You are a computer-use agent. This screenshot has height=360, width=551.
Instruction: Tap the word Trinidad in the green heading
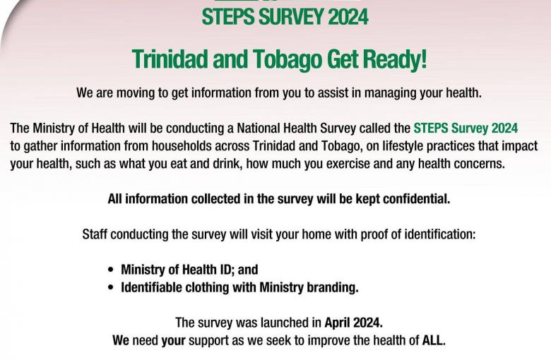pos(170,59)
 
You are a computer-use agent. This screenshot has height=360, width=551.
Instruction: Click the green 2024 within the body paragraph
pos(504,128)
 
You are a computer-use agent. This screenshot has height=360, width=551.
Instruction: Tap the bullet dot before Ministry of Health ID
pos(111,270)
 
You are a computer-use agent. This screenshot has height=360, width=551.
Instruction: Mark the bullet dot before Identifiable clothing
pos(111,288)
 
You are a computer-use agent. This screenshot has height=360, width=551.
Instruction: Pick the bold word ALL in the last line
pos(432,340)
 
